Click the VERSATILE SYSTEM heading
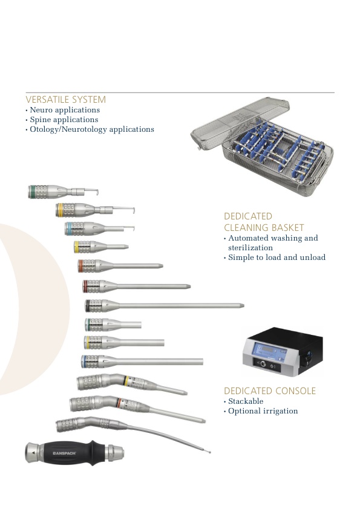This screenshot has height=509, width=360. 65,99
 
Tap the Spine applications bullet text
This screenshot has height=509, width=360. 64,120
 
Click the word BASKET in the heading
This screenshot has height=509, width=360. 288,227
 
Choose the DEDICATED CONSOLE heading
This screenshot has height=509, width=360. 270,391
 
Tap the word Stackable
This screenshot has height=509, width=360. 246,401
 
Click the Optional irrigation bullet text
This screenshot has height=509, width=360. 263,411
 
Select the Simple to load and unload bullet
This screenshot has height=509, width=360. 277,258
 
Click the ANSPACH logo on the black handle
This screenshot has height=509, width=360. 64,453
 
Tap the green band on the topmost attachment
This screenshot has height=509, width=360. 32,192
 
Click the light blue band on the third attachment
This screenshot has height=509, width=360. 68,229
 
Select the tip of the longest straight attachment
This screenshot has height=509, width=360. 243,305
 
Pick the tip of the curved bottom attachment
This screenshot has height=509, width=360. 209,451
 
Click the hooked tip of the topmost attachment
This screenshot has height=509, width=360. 97,192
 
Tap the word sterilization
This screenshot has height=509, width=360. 250,248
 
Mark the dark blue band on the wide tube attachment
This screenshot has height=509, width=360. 85,361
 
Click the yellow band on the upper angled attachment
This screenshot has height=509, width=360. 126,381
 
